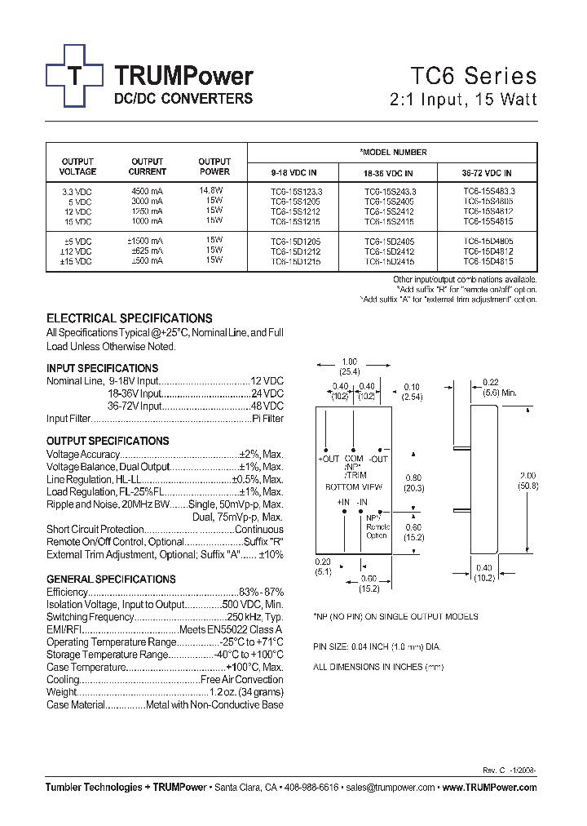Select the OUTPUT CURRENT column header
(147, 167)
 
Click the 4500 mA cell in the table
(147, 190)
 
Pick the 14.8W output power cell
(211, 190)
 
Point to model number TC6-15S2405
(388, 200)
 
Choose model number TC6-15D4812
(488, 251)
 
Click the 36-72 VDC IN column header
(488, 173)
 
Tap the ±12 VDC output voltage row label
(75, 251)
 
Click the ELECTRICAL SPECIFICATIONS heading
(130, 318)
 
